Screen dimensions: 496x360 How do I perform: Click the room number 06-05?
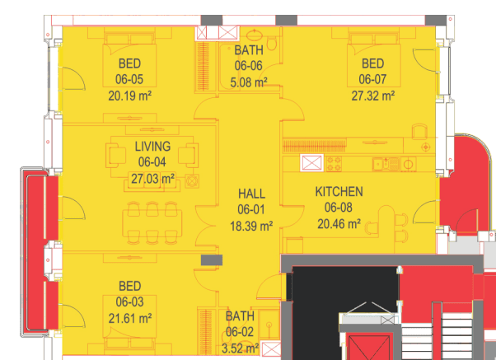pos(129,79)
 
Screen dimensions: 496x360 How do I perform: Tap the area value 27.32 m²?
pos(373,96)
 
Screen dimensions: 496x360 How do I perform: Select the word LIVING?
pos(152,147)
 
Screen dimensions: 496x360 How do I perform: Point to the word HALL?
pos(251,194)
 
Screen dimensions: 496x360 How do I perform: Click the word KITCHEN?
pos(339,192)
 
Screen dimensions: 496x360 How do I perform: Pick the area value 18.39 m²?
pos(251,227)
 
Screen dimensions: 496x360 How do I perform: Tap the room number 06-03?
pos(129,302)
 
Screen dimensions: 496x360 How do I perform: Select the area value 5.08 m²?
pos(249,82)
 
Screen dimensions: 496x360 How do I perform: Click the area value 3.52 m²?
pos(240,348)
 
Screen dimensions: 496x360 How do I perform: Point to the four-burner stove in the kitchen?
pos(334,164)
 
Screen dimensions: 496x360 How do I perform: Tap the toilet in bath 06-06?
pos(272,44)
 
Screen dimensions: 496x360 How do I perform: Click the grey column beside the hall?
pos(212,260)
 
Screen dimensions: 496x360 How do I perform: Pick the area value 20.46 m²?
pos(339,224)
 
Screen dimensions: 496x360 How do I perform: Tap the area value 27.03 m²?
pos(152,179)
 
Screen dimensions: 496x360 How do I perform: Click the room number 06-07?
pos(372,79)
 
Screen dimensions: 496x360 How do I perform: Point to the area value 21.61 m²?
pos(129,318)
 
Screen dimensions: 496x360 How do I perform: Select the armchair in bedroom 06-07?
pos(419,131)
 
